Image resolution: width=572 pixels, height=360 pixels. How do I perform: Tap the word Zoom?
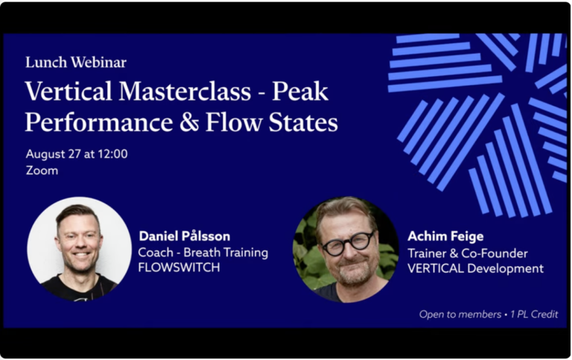(42, 171)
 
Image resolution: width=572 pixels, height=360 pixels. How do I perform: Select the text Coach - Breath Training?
(203, 252)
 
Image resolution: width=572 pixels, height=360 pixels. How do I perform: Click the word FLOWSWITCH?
(179, 268)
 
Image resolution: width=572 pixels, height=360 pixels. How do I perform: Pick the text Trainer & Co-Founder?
(467, 253)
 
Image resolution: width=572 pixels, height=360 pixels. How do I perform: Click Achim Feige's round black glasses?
(347, 243)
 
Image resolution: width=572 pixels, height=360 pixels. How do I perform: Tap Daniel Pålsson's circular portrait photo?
(79, 249)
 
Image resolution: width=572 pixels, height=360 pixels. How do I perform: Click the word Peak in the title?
(300, 92)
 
